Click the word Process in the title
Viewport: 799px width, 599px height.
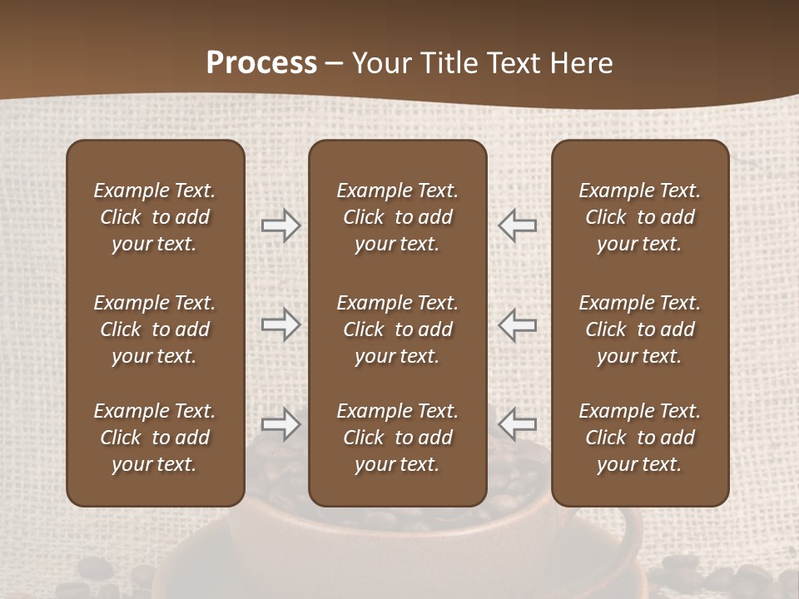pyautogui.click(x=261, y=63)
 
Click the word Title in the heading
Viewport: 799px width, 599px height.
pyautogui.click(x=448, y=63)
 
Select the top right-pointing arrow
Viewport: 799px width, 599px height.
pyautogui.click(x=280, y=225)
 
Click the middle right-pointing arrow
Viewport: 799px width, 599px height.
pyautogui.click(x=280, y=324)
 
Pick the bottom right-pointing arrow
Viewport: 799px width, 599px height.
pyautogui.click(x=280, y=424)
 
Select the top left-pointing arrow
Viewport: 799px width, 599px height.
pyautogui.click(x=517, y=225)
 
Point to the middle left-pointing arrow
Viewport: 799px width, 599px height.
pyautogui.click(x=517, y=324)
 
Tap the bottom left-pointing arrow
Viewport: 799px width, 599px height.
pyautogui.click(x=517, y=424)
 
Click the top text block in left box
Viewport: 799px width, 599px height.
pyautogui.click(x=155, y=217)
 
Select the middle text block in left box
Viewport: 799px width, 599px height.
pyautogui.click(x=155, y=329)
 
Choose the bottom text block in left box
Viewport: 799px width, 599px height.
pyautogui.click(x=155, y=438)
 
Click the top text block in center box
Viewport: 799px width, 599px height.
pyautogui.click(x=397, y=217)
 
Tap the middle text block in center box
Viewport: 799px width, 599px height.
pyautogui.click(x=397, y=329)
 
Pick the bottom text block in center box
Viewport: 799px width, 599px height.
pyautogui.click(x=397, y=438)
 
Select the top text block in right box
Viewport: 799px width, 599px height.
pyautogui.click(x=640, y=217)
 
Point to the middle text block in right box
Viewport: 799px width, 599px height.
pyautogui.click(x=640, y=329)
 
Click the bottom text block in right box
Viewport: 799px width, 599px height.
pyautogui.click(x=640, y=438)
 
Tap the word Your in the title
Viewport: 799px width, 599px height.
pyautogui.click(x=381, y=63)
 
